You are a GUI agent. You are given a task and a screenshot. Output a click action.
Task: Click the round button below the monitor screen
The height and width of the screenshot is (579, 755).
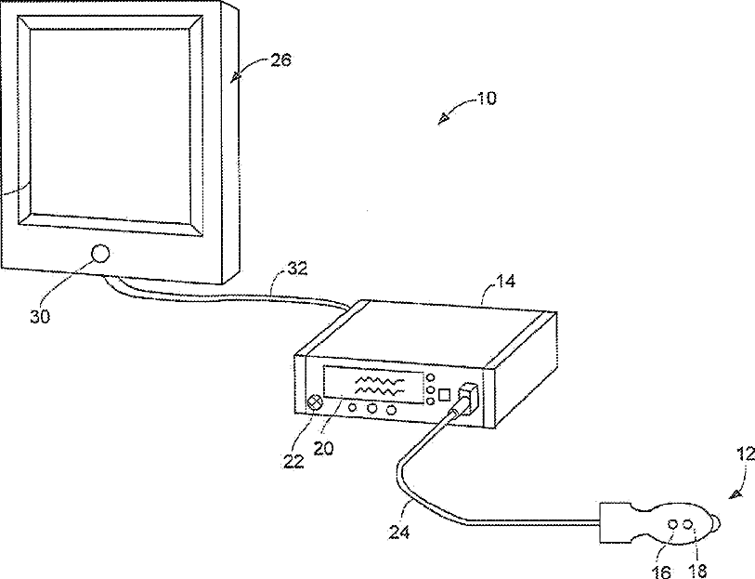(100, 253)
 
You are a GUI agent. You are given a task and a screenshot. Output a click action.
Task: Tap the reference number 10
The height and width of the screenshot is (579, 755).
(486, 97)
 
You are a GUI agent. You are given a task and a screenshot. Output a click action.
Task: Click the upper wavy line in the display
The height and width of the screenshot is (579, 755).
(379, 380)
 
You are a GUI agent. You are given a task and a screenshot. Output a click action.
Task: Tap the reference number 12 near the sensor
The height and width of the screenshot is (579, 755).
(745, 455)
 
